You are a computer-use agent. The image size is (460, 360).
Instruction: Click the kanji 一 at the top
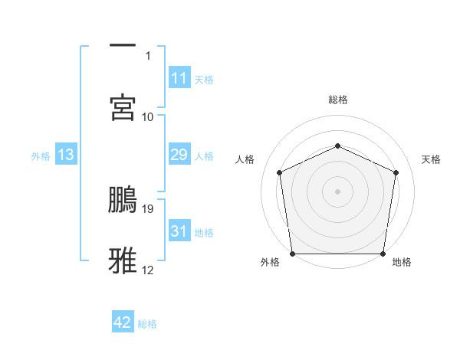pyautogui.click(x=123, y=45)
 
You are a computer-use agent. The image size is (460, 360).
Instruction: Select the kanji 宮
pyautogui.click(x=123, y=107)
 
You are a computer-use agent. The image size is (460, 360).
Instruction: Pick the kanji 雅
pyautogui.click(x=123, y=260)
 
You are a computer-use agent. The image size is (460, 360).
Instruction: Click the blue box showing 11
pyautogui.click(x=179, y=77)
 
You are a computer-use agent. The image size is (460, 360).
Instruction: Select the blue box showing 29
pyautogui.click(x=179, y=155)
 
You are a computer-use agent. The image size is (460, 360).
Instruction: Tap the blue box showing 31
pyautogui.click(x=179, y=231)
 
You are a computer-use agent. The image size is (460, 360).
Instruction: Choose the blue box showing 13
pyautogui.click(x=65, y=155)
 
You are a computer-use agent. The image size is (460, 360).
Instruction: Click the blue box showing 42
pyautogui.click(x=123, y=322)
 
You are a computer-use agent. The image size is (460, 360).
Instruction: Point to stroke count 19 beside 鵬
pyautogui.click(x=149, y=208)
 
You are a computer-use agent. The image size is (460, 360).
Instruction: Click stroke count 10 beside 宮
pyautogui.click(x=148, y=116)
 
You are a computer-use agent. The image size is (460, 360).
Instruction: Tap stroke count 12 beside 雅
pyautogui.click(x=148, y=270)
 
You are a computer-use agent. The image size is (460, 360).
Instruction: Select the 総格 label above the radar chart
pyautogui.click(x=337, y=100)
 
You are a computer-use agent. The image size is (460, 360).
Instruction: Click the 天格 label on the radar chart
pyautogui.click(x=431, y=159)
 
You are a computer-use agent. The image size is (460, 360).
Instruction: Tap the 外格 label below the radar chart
pyautogui.click(x=270, y=262)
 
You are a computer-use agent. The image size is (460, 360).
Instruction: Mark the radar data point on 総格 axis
pyautogui.click(x=337, y=145)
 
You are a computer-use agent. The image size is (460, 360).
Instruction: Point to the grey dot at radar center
pyautogui.click(x=337, y=191)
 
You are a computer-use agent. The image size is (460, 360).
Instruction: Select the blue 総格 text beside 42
pyautogui.click(x=147, y=324)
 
